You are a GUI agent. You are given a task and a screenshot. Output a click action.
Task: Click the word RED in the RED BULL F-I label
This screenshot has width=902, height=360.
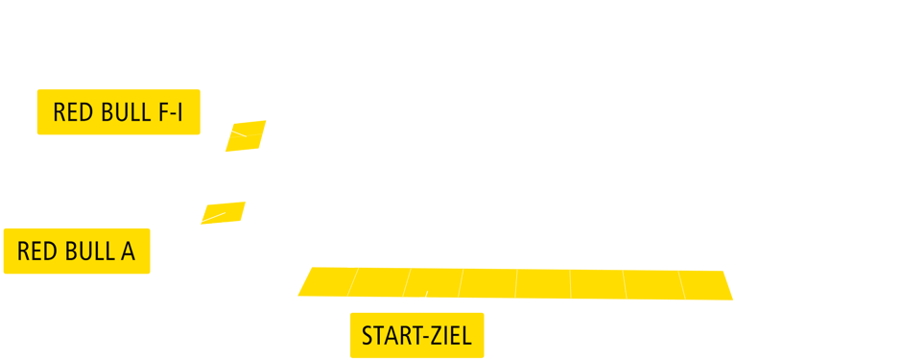point(73,113)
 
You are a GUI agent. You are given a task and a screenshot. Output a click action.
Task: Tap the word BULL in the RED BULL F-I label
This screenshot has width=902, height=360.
point(123,113)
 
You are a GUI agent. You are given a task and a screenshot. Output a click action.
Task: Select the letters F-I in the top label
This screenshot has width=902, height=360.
point(170,113)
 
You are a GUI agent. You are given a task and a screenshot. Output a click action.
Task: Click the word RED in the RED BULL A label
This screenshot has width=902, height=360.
point(37,252)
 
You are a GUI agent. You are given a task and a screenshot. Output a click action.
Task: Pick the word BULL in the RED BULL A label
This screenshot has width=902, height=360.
point(87,252)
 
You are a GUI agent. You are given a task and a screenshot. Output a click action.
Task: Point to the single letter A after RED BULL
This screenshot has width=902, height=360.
point(127,252)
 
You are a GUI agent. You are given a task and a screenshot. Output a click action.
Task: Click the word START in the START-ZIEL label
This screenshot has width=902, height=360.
point(389,337)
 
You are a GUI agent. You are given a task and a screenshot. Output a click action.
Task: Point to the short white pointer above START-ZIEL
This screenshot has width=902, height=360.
point(423,301)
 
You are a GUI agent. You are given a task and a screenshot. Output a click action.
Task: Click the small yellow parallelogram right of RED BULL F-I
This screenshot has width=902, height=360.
point(244,137)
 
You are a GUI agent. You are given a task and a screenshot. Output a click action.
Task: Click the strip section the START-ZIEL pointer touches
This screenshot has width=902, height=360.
point(432,283)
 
